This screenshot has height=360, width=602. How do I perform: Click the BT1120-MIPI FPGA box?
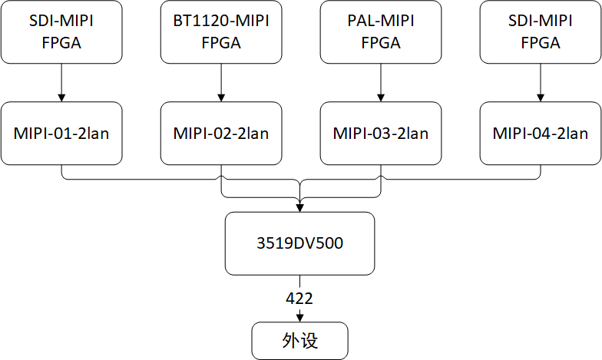point(221,32)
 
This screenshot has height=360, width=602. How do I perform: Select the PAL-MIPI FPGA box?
point(381,32)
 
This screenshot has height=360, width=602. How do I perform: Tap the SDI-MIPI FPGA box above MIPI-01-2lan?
point(61,32)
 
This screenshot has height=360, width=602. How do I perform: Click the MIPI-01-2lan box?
point(61,133)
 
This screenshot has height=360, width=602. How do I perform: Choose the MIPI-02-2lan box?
point(221,133)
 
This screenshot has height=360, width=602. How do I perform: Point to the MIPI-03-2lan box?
point(381,133)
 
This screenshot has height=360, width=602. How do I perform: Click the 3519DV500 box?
point(299,243)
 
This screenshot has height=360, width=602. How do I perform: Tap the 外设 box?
point(299,342)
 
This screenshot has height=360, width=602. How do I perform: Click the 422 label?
point(299,298)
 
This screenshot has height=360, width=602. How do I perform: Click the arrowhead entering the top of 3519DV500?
point(299,207)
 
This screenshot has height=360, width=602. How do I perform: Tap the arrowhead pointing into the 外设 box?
point(299,318)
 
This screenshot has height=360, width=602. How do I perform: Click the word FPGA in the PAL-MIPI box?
point(381,43)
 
